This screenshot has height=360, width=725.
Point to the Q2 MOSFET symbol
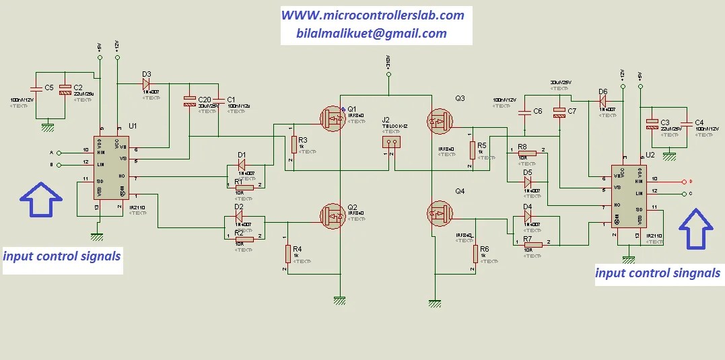tap(333, 216)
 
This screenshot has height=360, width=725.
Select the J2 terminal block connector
tap(391, 142)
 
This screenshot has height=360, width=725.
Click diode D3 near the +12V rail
tap(147, 84)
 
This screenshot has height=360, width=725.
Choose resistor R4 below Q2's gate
tap(288, 254)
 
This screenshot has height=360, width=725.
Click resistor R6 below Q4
tap(476, 254)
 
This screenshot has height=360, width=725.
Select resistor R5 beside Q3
tap(473, 149)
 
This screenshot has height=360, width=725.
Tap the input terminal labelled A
tap(59, 152)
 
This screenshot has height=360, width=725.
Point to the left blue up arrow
tap(41, 200)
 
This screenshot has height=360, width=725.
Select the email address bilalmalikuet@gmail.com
tap(371, 34)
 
